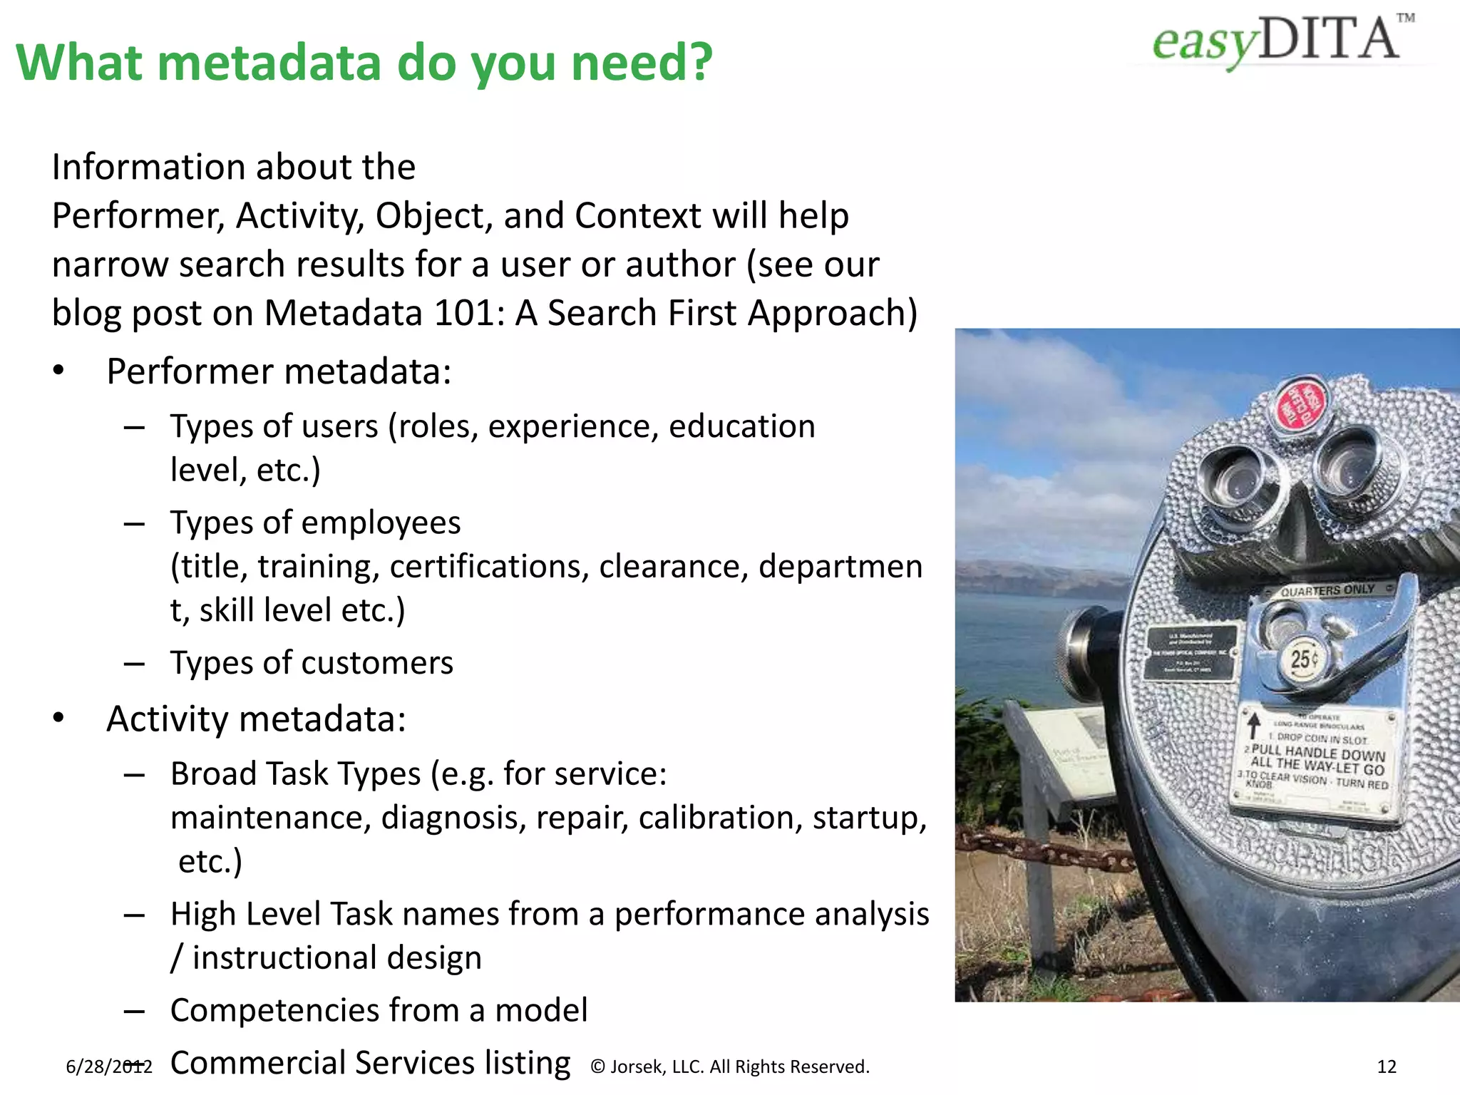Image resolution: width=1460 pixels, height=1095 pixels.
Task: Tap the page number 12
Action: [x=1387, y=1066]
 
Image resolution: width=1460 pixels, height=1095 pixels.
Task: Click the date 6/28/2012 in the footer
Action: [x=108, y=1066]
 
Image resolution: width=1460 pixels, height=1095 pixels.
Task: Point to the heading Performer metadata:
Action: [x=279, y=371]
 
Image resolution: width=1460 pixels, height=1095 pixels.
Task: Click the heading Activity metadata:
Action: [x=256, y=719]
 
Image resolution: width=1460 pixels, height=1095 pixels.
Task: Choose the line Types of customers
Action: [x=312, y=663]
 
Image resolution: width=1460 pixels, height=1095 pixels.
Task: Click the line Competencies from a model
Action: [x=379, y=1010]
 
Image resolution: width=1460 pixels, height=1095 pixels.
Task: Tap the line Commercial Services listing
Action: [x=370, y=1063]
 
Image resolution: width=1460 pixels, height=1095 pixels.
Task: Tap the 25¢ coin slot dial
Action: [x=1303, y=659]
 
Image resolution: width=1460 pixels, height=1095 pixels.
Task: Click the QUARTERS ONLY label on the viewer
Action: [x=1327, y=590]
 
